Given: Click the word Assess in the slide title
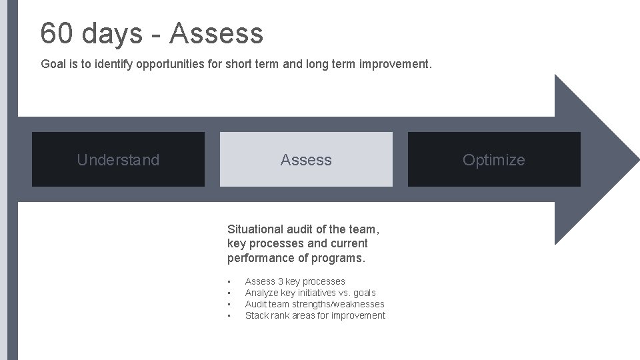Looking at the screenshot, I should click(x=217, y=33).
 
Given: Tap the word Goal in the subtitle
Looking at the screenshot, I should click(x=53, y=65).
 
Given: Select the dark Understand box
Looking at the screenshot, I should click(x=118, y=159).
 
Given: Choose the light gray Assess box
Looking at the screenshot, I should click(x=306, y=159).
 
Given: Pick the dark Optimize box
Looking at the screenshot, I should click(x=494, y=159).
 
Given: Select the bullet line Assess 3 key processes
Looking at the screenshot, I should click(x=295, y=281).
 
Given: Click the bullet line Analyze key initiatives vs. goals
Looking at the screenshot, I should click(x=310, y=293).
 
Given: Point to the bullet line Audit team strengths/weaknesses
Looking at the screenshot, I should click(x=315, y=304).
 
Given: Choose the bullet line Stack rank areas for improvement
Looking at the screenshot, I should click(x=315, y=315).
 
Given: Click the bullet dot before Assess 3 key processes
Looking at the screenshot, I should click(x=229, y=281).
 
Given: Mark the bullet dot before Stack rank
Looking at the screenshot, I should click(x=229, y=315).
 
